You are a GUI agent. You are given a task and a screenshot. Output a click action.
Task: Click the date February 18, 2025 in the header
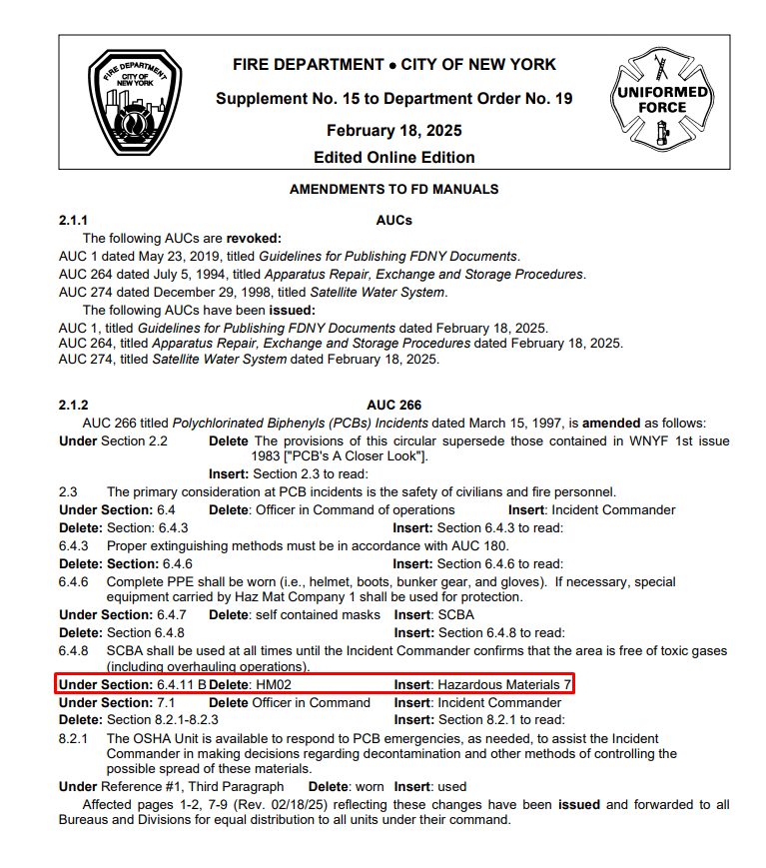pyautogui.click(x=393, y=131)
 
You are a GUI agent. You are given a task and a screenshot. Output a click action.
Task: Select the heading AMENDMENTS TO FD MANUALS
pyautogui.click(x=393, y=189)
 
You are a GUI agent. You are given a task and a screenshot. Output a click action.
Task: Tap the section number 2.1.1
pyautogui.click(x=74, y=220)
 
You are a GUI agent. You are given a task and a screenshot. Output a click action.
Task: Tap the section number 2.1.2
pyautogui.click(x=74, y=405)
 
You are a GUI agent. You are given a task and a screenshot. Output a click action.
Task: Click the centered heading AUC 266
pyautogui.click(x=393, y=405)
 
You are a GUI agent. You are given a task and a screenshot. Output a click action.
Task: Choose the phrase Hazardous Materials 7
pyautogui.click(x=503, y=685)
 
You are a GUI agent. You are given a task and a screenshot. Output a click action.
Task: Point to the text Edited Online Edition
pyautogui.click(x=393, y=157)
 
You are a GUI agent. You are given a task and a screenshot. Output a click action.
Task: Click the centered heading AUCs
pyautogui.click(x=393, y=220)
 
